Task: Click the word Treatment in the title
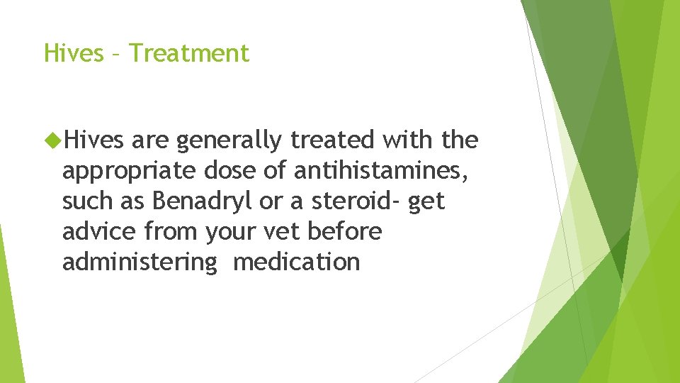(x=190, y=53)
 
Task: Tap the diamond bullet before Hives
(x=52, y=140)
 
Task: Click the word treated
(x=333, y=140)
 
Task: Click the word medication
(x=296, y=262)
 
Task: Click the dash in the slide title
(x=117, y=54)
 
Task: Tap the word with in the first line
(x=408, y=140)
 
